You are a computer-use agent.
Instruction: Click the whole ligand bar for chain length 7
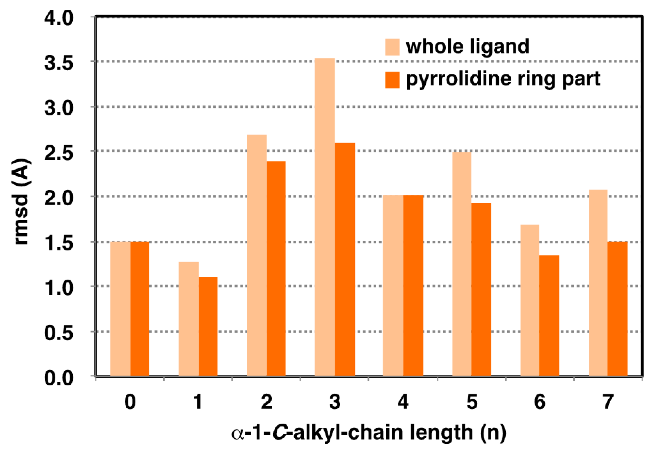pyautogui.click(x=598, y=283)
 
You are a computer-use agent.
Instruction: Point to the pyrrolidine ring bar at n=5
pyautogui.click(x=481, y=289)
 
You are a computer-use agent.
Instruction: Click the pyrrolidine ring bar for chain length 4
pyautogui.click(x=413, y=285)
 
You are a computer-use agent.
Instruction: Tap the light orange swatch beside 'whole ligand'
pyautogui.click(x=392, y=47)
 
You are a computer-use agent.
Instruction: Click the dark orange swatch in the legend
pyautogui.click(x=392, y=80)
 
